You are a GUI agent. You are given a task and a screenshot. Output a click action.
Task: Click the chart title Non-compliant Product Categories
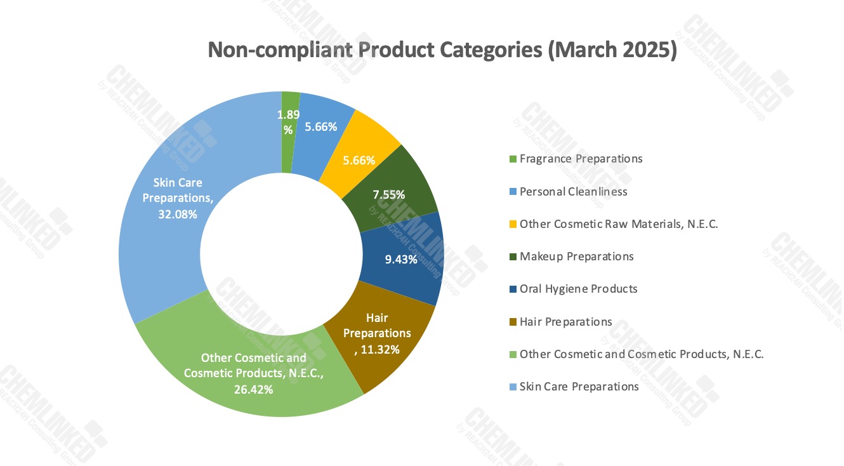click(442, 50)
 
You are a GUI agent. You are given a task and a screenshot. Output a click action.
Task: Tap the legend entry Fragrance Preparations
click(581, 159)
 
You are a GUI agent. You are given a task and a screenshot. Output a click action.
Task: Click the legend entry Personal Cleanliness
click(573, 191)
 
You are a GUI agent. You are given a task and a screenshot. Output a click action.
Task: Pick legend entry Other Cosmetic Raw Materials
click(619, 224)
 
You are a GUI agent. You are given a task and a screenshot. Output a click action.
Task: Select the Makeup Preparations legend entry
click(576, 256)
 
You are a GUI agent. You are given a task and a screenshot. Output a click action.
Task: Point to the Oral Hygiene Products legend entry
click(578, 289)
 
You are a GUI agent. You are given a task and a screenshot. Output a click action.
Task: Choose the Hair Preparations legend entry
click(565, 322)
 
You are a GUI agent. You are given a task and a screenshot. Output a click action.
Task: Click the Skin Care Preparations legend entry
click(579, 387)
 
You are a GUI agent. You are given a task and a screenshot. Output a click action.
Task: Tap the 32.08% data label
click(178, 215)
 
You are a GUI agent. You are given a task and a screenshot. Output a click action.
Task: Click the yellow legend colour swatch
click(513, 224)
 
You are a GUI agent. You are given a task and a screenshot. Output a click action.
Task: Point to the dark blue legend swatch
click(513, 290)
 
